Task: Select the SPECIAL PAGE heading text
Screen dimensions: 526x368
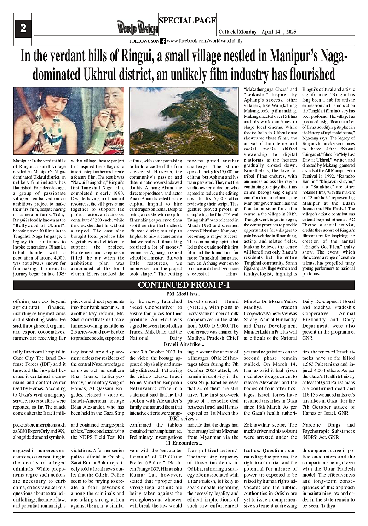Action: [x=186, y=20]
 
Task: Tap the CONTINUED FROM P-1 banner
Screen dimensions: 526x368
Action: [x=184, y=285]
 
